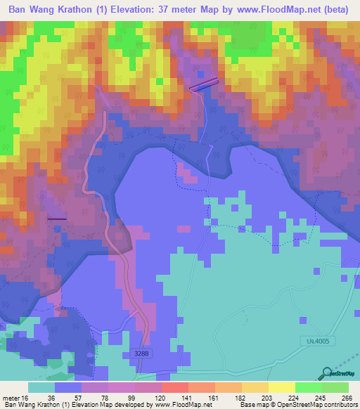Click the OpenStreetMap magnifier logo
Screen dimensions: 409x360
(x=326, y=375)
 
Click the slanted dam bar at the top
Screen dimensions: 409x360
(x=204, y=84)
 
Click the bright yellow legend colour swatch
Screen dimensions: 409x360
(x=282, y=387)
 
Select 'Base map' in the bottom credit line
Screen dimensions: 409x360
(x=254, y=405)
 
